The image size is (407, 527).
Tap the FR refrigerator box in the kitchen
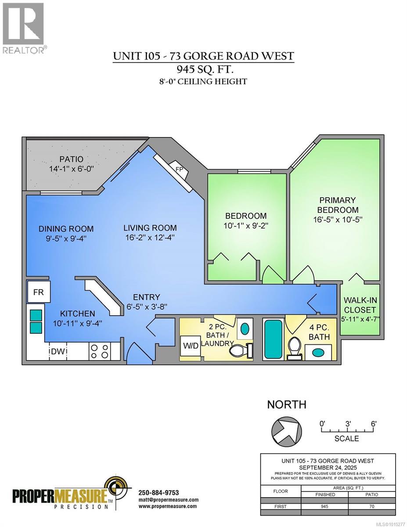click(39, 292)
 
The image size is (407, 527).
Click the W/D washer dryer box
click(190, 346)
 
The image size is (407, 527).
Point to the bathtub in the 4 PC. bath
click(273, 339)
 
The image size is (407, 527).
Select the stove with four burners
click(99, 351)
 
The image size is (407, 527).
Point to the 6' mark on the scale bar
click(374, 424)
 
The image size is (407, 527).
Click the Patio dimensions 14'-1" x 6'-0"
click(72, 169)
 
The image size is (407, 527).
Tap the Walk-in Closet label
click(360, 305)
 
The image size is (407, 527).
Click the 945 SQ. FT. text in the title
click(203, 69)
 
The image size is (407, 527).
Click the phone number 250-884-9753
click(158, 493)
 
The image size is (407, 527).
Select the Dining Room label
click(66, 228)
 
